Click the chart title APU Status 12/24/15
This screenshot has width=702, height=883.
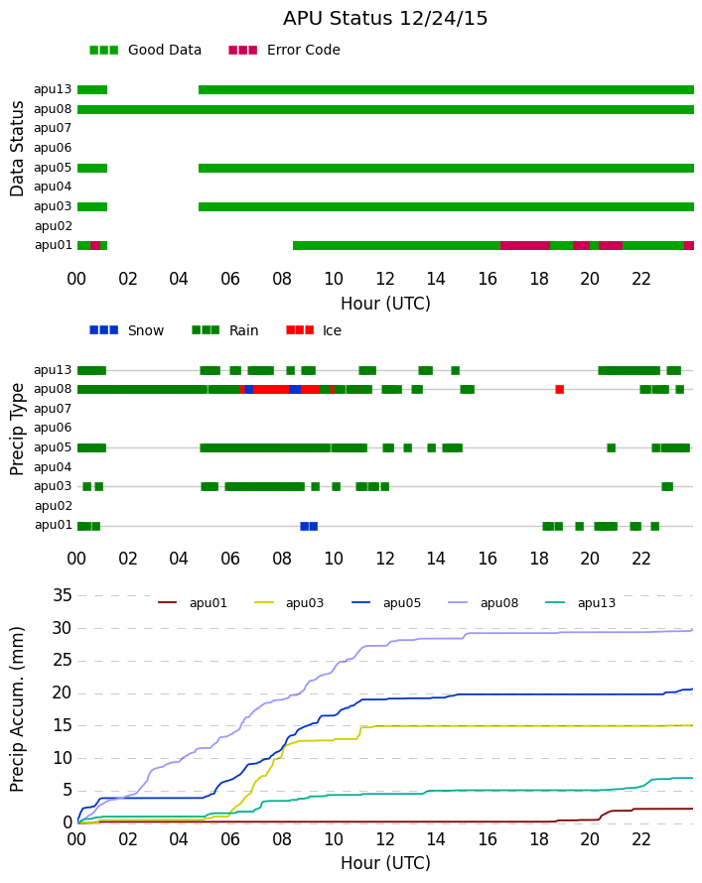pyautogui.click(x=385, y=18)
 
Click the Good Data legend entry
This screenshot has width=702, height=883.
pyautogui.click(x=145, y=51)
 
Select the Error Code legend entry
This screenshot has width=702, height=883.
pyautogui.click(x=285, y=51)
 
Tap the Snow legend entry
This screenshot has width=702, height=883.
pyautogui.click(x=127, y=330)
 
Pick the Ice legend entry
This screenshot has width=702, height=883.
pyautogui.click(x=314, y=330)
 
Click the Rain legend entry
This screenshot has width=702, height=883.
pyautogui.click(x=225, y=330)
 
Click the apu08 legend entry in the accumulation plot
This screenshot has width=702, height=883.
pyautogui.click(x=484, y=603)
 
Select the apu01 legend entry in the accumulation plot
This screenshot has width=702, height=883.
pyautogui.click(x=193, y=603)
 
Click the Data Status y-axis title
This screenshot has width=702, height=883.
pyautogui.click(x=17, y=149)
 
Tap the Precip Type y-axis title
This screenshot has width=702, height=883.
pyautogui.click(x=17, y=430)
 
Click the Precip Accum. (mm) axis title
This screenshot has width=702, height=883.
pyautogui.click(x=17, y=709)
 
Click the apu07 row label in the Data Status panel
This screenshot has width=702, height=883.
pyautogui.click(x=53, y=128)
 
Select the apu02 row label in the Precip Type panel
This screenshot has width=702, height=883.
pyautogui.click(x=54, y=506)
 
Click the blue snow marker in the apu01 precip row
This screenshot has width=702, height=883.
pyautogui.click(x=309, y=526)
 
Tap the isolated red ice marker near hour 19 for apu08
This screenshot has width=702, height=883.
pyautogui.click(x=559, y=389)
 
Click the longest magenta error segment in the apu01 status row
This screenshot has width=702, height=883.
pyautogui.click(x=525, y=245)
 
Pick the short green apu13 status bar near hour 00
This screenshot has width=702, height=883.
pyautogui.click(x=92, y=90)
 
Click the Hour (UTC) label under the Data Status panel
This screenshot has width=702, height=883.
pyautogui.click(x=385, y=304)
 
